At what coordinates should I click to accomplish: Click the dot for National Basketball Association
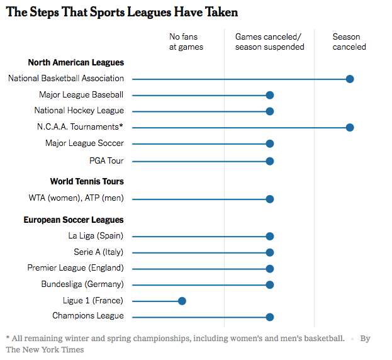click(x=350, y=79)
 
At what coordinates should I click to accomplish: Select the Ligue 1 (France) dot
click(x=182, y=301)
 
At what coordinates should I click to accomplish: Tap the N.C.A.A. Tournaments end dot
click(x=350, y=127)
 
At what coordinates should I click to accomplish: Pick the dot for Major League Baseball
click(x=270, y=95)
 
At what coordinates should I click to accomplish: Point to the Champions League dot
click(x=270, y=317)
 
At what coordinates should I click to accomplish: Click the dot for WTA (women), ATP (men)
click(x=270, y=199)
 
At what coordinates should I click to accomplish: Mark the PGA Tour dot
click(x=270, y=161)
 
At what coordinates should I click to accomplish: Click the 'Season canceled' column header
click(x=349, y=42)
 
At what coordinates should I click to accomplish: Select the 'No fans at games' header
click(x=186, y=42)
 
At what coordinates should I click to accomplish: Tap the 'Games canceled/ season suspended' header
click(x=269, y=42)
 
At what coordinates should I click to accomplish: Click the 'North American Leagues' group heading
click(x=76, y=63)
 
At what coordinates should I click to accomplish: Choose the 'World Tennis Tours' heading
click(x=87, y=182)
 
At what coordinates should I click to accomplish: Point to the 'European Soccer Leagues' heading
click(x=74, y=220)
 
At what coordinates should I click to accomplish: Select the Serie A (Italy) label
click(x=99, y=252)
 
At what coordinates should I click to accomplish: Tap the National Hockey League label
click(x=79, y=111)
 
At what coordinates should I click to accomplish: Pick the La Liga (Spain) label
click(x=96, y=236)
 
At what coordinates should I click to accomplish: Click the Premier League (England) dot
click(x=270, y=269)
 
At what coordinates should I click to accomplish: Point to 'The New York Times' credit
click(x=45, y=349)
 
